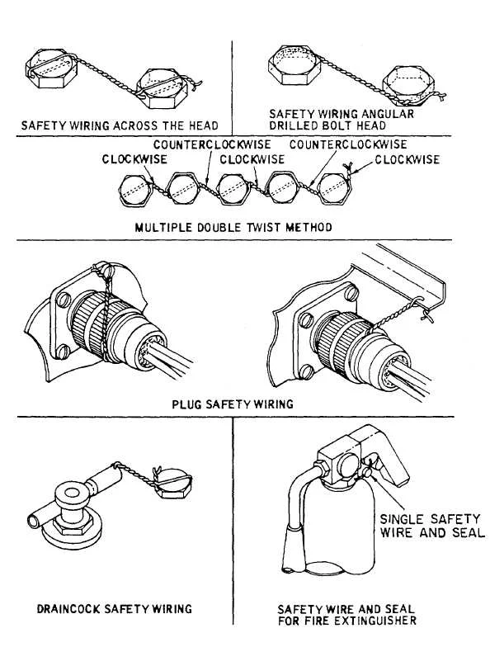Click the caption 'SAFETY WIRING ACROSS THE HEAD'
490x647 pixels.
click(120, 125)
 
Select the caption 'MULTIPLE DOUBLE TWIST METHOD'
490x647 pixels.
click(233, 226)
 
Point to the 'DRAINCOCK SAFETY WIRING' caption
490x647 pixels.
click(114, 609)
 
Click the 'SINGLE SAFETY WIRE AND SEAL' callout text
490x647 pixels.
click(431, 526)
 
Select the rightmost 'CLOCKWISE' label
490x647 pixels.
click(406, 159)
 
